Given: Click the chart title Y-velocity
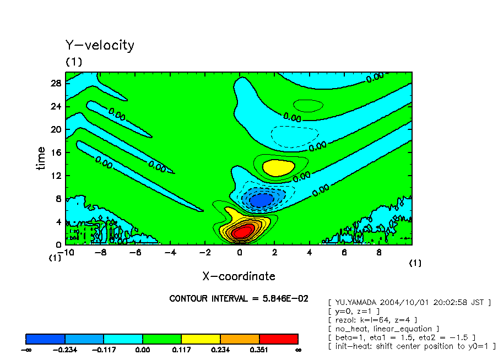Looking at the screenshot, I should [100, 45].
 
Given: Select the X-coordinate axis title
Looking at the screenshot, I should [239, 276].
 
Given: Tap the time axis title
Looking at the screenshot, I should [41, 159].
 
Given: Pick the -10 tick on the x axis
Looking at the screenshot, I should [66, 252].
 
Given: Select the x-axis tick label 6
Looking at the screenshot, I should [343, 252].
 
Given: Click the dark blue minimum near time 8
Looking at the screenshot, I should [261, 200].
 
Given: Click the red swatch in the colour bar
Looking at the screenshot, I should [278, 339].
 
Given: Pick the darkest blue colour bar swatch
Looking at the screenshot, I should [45, 339].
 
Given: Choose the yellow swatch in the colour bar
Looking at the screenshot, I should [201, 339].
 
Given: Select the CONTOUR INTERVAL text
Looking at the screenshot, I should [239, 298].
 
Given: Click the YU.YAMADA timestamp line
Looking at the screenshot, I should [409, 302].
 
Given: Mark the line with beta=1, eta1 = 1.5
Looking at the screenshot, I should [401, 337].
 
